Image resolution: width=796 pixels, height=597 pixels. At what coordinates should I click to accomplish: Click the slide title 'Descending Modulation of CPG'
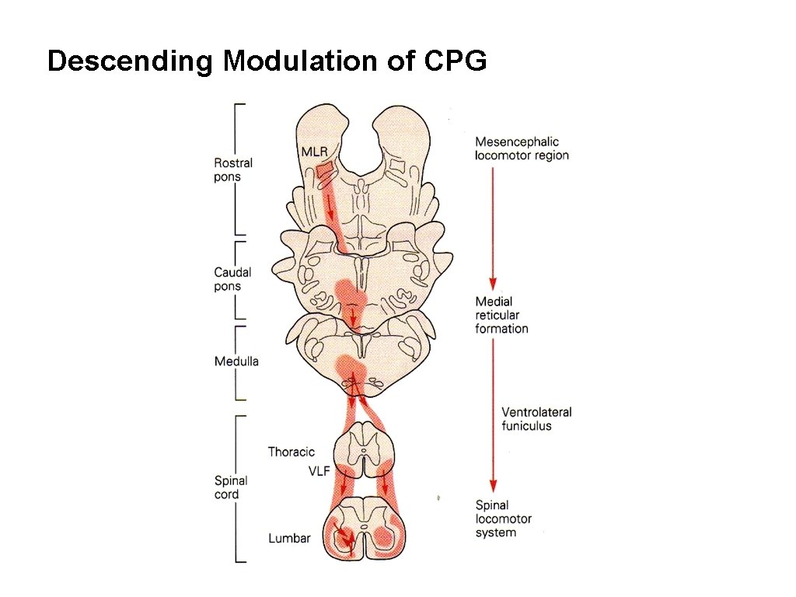(267, 61)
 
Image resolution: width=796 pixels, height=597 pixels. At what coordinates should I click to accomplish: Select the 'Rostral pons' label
(233, 169)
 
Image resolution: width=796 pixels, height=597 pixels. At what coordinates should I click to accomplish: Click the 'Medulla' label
(236, 361)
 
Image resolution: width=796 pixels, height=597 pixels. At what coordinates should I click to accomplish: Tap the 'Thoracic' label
(292, 452)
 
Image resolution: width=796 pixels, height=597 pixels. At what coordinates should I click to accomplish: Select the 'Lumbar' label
(289, 538)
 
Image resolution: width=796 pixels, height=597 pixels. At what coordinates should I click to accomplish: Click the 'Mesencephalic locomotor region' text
(522, 148)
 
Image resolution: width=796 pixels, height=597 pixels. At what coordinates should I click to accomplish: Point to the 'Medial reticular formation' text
(501, 315)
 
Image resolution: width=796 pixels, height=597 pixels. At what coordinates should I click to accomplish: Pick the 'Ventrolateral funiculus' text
(536, 419)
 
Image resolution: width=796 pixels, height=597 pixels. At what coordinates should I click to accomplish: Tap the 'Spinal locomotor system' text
(504, 518)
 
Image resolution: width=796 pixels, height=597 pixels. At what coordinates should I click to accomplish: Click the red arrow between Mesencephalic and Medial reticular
(492, 225)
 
